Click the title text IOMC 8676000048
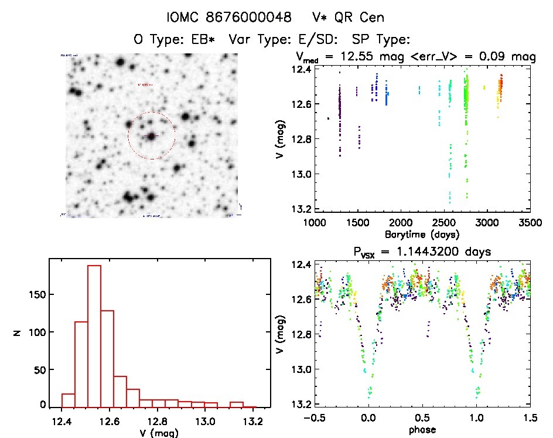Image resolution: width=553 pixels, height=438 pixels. (x=229, y=18)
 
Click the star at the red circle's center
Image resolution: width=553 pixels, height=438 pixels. (x=152, y=136)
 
